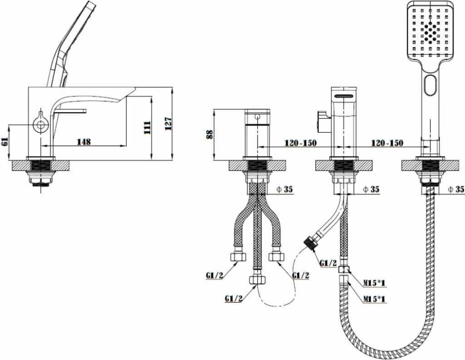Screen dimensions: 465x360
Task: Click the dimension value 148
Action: coord(84,142)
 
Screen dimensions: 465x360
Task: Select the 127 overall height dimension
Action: coord(168,123)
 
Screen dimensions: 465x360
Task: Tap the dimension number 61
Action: coord(5,142)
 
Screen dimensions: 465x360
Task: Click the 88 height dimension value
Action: coord(210,134)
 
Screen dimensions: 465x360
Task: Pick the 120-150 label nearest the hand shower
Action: coord(387,143)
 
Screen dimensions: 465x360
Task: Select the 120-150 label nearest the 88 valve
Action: coord(301,143)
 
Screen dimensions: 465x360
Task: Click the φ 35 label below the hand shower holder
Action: coord(456,189)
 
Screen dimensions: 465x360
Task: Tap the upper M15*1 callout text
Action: coord(375,283)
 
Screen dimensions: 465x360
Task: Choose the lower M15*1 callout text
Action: coord(375,299)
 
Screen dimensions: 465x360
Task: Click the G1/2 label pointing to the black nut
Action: coord(328,263)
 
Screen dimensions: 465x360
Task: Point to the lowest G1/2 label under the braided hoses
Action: coord(233,298)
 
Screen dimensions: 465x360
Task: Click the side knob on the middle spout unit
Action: coord(322,122)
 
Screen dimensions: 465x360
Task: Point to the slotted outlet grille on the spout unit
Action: coord(344,96)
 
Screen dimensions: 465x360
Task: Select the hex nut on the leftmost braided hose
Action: coord(238,257)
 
